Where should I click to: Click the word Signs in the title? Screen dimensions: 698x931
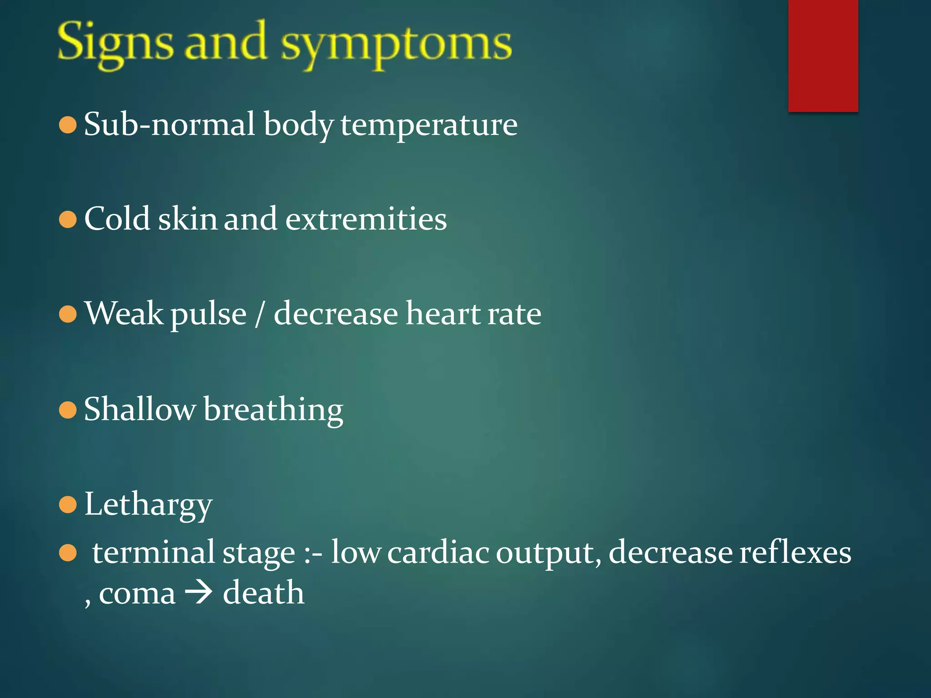pos(115,44)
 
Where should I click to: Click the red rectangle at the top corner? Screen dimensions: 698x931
pos(823,55)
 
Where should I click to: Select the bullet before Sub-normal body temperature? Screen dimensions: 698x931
pos(68,125)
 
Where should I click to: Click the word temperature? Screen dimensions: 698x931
pos(429,125)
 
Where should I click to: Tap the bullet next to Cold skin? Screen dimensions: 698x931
pos(68,220)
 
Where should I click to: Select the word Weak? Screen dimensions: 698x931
pos(124,314)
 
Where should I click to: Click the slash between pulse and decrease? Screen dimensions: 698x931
pos(260,314)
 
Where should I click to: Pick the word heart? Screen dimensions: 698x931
pos(443,314)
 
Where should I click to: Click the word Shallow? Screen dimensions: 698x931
pos(140,409)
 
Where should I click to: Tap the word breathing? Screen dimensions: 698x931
pos(273,410)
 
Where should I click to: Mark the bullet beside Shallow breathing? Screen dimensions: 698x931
pos(68,410)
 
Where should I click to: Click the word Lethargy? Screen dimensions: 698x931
pos(148,504)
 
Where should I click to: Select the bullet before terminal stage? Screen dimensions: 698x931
pos(68,553)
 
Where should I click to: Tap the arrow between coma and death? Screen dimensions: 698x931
pos(199,593)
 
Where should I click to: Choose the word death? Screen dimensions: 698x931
pos(263,593)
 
